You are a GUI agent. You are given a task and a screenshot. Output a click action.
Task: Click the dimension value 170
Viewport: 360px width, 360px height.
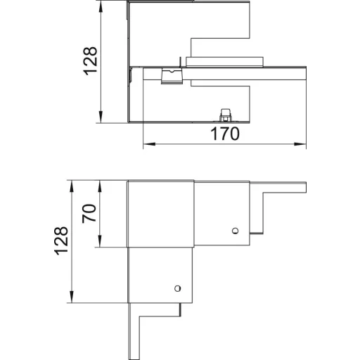coord(225,134)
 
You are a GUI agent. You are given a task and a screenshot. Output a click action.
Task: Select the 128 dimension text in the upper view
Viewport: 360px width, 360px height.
coord(90,61)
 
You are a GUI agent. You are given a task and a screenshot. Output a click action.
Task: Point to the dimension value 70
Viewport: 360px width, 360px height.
coord(89,213)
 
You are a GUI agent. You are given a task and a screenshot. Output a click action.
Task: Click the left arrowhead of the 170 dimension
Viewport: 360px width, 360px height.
coord(149,144)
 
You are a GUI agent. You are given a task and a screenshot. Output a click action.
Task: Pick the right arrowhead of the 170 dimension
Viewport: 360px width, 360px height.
coord(300,144)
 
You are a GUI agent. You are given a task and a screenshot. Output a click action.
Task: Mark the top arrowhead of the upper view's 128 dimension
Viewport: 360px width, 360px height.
coord(101,6)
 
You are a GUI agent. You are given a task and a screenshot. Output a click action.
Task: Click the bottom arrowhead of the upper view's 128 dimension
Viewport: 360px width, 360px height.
coord(101,117)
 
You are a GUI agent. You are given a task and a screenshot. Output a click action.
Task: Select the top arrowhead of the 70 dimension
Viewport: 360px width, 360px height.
coord(100,186)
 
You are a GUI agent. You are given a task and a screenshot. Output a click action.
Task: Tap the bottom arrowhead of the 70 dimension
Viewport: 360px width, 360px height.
coord(100,241)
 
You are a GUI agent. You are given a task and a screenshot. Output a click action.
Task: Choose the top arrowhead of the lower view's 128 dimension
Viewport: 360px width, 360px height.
coord(72,186)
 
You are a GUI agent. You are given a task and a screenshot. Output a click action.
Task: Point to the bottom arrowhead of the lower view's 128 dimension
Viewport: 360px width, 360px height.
coord(72,297)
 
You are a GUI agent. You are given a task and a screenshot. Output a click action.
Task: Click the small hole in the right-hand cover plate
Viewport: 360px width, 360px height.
coord(235,231)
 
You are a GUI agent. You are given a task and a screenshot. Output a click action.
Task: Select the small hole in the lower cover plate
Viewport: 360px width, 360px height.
coord(177,288)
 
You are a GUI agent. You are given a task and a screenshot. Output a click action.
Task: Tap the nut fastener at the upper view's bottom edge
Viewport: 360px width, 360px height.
coord(225,115)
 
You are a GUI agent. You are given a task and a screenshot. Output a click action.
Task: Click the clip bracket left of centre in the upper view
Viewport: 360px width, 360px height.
coord(172,76)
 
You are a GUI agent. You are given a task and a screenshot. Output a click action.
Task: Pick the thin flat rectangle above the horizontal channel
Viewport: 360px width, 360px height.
coord(224,62)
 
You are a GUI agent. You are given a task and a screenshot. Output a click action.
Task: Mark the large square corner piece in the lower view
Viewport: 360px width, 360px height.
coord(160,214)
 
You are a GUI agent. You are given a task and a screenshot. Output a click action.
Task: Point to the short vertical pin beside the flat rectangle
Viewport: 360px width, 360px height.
coord(180,62)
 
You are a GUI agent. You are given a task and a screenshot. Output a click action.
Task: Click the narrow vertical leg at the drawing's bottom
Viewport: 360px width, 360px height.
coord(134,331)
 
